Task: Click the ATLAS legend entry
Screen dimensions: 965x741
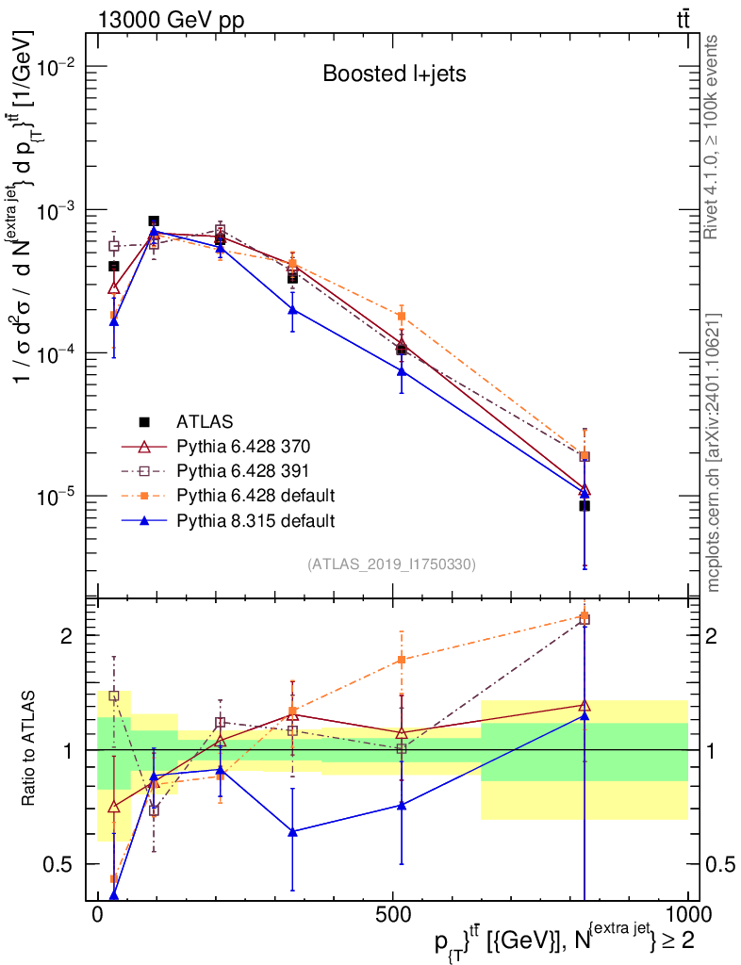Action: point(205,420)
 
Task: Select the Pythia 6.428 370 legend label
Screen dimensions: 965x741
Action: point(242,445)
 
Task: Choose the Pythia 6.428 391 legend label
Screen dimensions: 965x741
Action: point(242,469)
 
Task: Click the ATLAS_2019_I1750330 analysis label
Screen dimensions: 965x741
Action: point(391,564)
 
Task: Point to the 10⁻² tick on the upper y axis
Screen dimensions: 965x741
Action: point(59,67)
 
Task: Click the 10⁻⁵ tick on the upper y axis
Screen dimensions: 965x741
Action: point(59,496)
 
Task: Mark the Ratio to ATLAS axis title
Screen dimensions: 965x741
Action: point(30,750)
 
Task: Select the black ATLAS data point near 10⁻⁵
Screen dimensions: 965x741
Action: point(585,506)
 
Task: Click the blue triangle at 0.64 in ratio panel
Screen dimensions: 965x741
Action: point(292,832)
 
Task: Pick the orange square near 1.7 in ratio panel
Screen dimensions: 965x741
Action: point(402,660)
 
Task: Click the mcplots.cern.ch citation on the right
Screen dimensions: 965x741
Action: point(715,452)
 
